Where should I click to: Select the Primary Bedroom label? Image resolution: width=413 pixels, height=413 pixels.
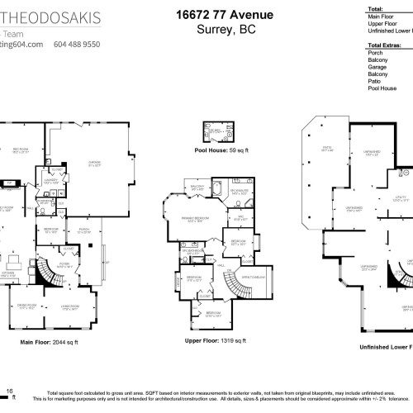click(196, 219)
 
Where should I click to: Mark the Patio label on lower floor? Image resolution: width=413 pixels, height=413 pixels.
click(326, 149)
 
